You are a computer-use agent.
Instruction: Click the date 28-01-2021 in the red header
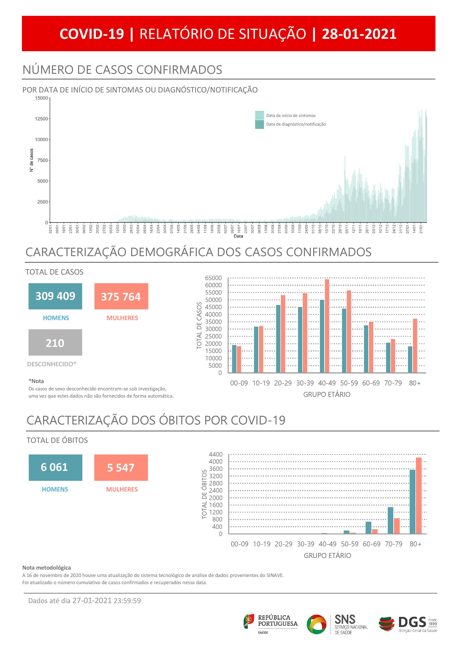[359, 34]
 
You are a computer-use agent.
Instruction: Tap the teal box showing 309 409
[55, 296]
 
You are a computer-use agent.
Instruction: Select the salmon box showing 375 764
[121, 296]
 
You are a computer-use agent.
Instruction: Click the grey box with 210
[55, 342]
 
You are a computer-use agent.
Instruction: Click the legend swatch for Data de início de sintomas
[259, 115]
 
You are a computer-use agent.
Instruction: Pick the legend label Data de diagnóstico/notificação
[296, 124]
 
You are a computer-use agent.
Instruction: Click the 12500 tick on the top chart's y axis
[41, 119]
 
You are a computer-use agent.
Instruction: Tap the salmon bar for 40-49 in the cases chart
[327, 326]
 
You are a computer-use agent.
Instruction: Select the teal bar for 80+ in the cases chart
[410, 359]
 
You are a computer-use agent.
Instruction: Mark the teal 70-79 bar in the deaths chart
[390, 520]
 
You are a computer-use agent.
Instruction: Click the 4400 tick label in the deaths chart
[216, 454]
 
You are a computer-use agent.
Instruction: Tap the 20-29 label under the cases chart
[283, 383]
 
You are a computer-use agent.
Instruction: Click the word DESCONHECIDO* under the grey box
[52, 364]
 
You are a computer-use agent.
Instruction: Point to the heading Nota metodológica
[46, 568]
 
